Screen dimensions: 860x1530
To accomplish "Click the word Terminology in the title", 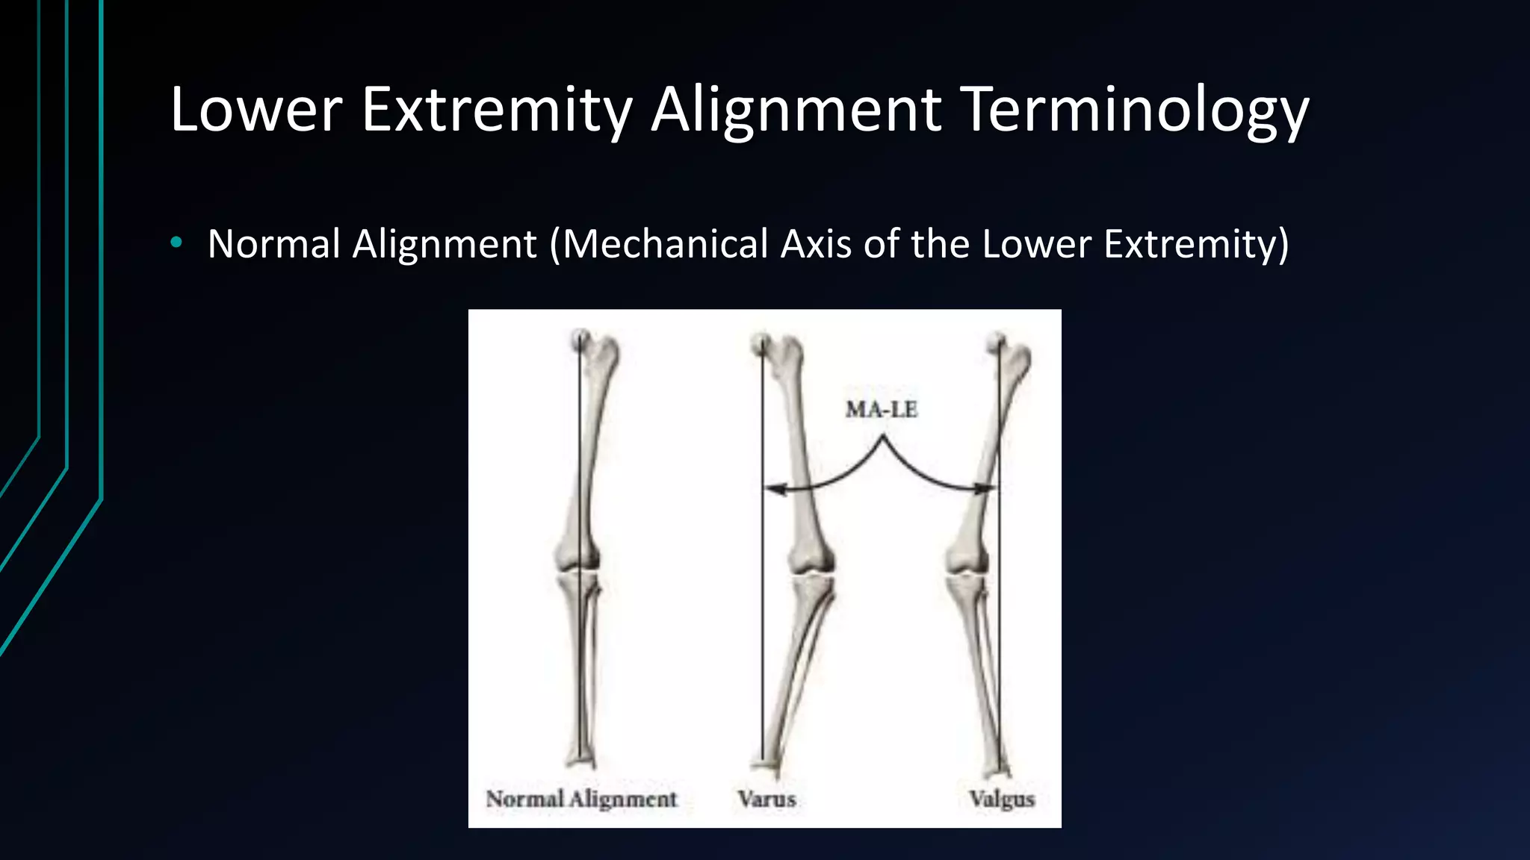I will (1134, 110).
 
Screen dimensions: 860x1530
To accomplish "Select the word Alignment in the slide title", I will (796, 110).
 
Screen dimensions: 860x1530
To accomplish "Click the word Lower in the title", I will (256, 110).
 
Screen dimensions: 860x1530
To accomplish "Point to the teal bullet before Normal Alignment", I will (176, 242).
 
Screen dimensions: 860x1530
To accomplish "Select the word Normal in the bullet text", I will (273, 244).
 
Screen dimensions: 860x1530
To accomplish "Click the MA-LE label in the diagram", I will (882, 409).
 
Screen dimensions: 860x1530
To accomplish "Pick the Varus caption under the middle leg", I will (766, 799).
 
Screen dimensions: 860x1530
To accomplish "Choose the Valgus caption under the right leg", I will (1001, 799).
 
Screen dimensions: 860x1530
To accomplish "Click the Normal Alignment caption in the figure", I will (581, 799).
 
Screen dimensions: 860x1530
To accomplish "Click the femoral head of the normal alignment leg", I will (580, 340).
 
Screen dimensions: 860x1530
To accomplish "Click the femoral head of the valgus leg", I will (997, 343).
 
